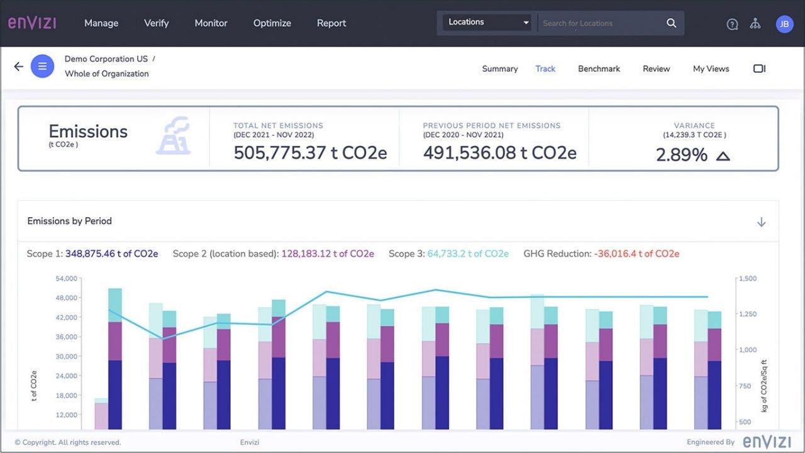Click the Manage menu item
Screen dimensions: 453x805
(x=101, y=23)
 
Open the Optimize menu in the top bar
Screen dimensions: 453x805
(x=272, y=23)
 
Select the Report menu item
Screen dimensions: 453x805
(x=331, y=23)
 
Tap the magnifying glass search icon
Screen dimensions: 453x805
(x=672, y=23)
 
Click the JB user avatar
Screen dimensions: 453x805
(x=784, y=24)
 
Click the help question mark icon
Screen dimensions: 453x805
(x=732, y=25)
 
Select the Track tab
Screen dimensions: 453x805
(x=545, y=69)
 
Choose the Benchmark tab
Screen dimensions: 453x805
(x=599, y=69)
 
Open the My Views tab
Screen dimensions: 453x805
(x=711, y=69)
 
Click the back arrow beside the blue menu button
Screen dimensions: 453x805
(x=19, y=66)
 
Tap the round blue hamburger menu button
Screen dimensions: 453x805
(x=43, y=66)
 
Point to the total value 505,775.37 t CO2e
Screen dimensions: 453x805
(x=310, y=153)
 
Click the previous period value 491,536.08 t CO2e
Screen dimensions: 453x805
(x=499, y=153)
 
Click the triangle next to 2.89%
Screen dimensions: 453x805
(x=723, y=155)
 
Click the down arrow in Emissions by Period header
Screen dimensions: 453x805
(x=761, y=222)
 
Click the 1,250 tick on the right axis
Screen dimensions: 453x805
(x=748, y=314)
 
